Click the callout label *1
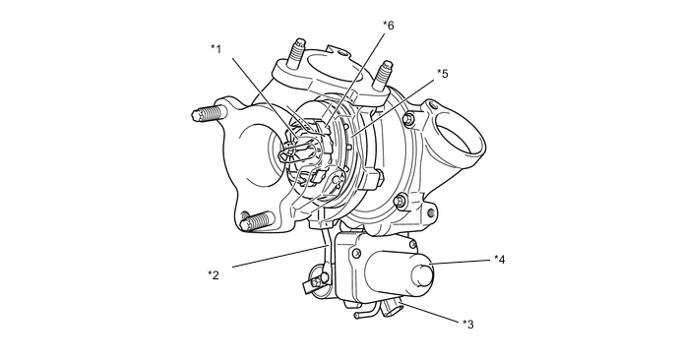pos(215,49)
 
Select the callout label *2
pos(214,274)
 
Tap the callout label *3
pos(468,324)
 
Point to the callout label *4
pos(500,259)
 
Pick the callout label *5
pos(443,73)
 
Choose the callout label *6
pos(389,25)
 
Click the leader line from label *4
pos(461,262)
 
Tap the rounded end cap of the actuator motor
pos(422,275)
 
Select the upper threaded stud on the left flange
pos(209,114)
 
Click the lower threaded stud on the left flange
pos(258,221)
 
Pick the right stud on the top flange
pos(383,75)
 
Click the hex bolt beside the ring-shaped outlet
pos(409,119)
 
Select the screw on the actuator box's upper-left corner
pos(356,253)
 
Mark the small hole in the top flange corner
pos(343,53)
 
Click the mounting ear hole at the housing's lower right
pos(431,213)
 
